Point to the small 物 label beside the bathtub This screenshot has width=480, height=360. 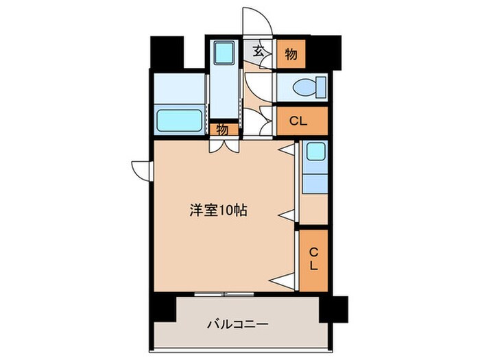coord(223,128)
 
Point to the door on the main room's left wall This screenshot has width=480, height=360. coord(142,169)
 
